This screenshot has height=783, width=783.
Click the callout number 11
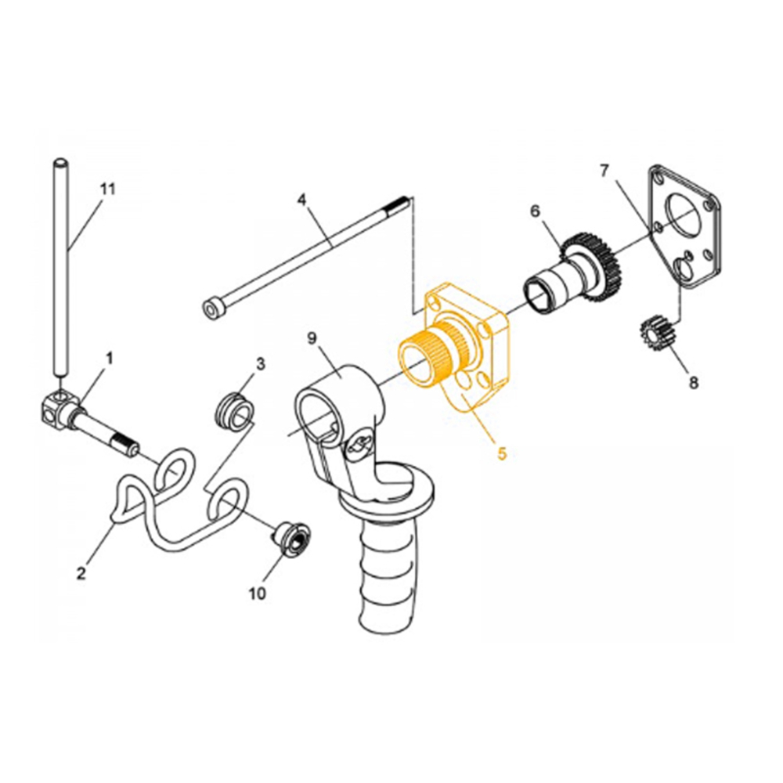pyautogui.click(x=108, y=189)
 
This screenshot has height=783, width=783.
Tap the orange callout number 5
pyautogui.click(x=502, y=453)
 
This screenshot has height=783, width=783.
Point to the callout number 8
pyautogui.click(x=692, y=383)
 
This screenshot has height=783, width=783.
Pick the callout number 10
pyautogui.click(x=257, y=594)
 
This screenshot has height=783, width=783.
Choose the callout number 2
pyautogui.click(x=81, y=573)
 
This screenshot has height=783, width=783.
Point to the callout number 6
pyautogui.click(x=536, y=211)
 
